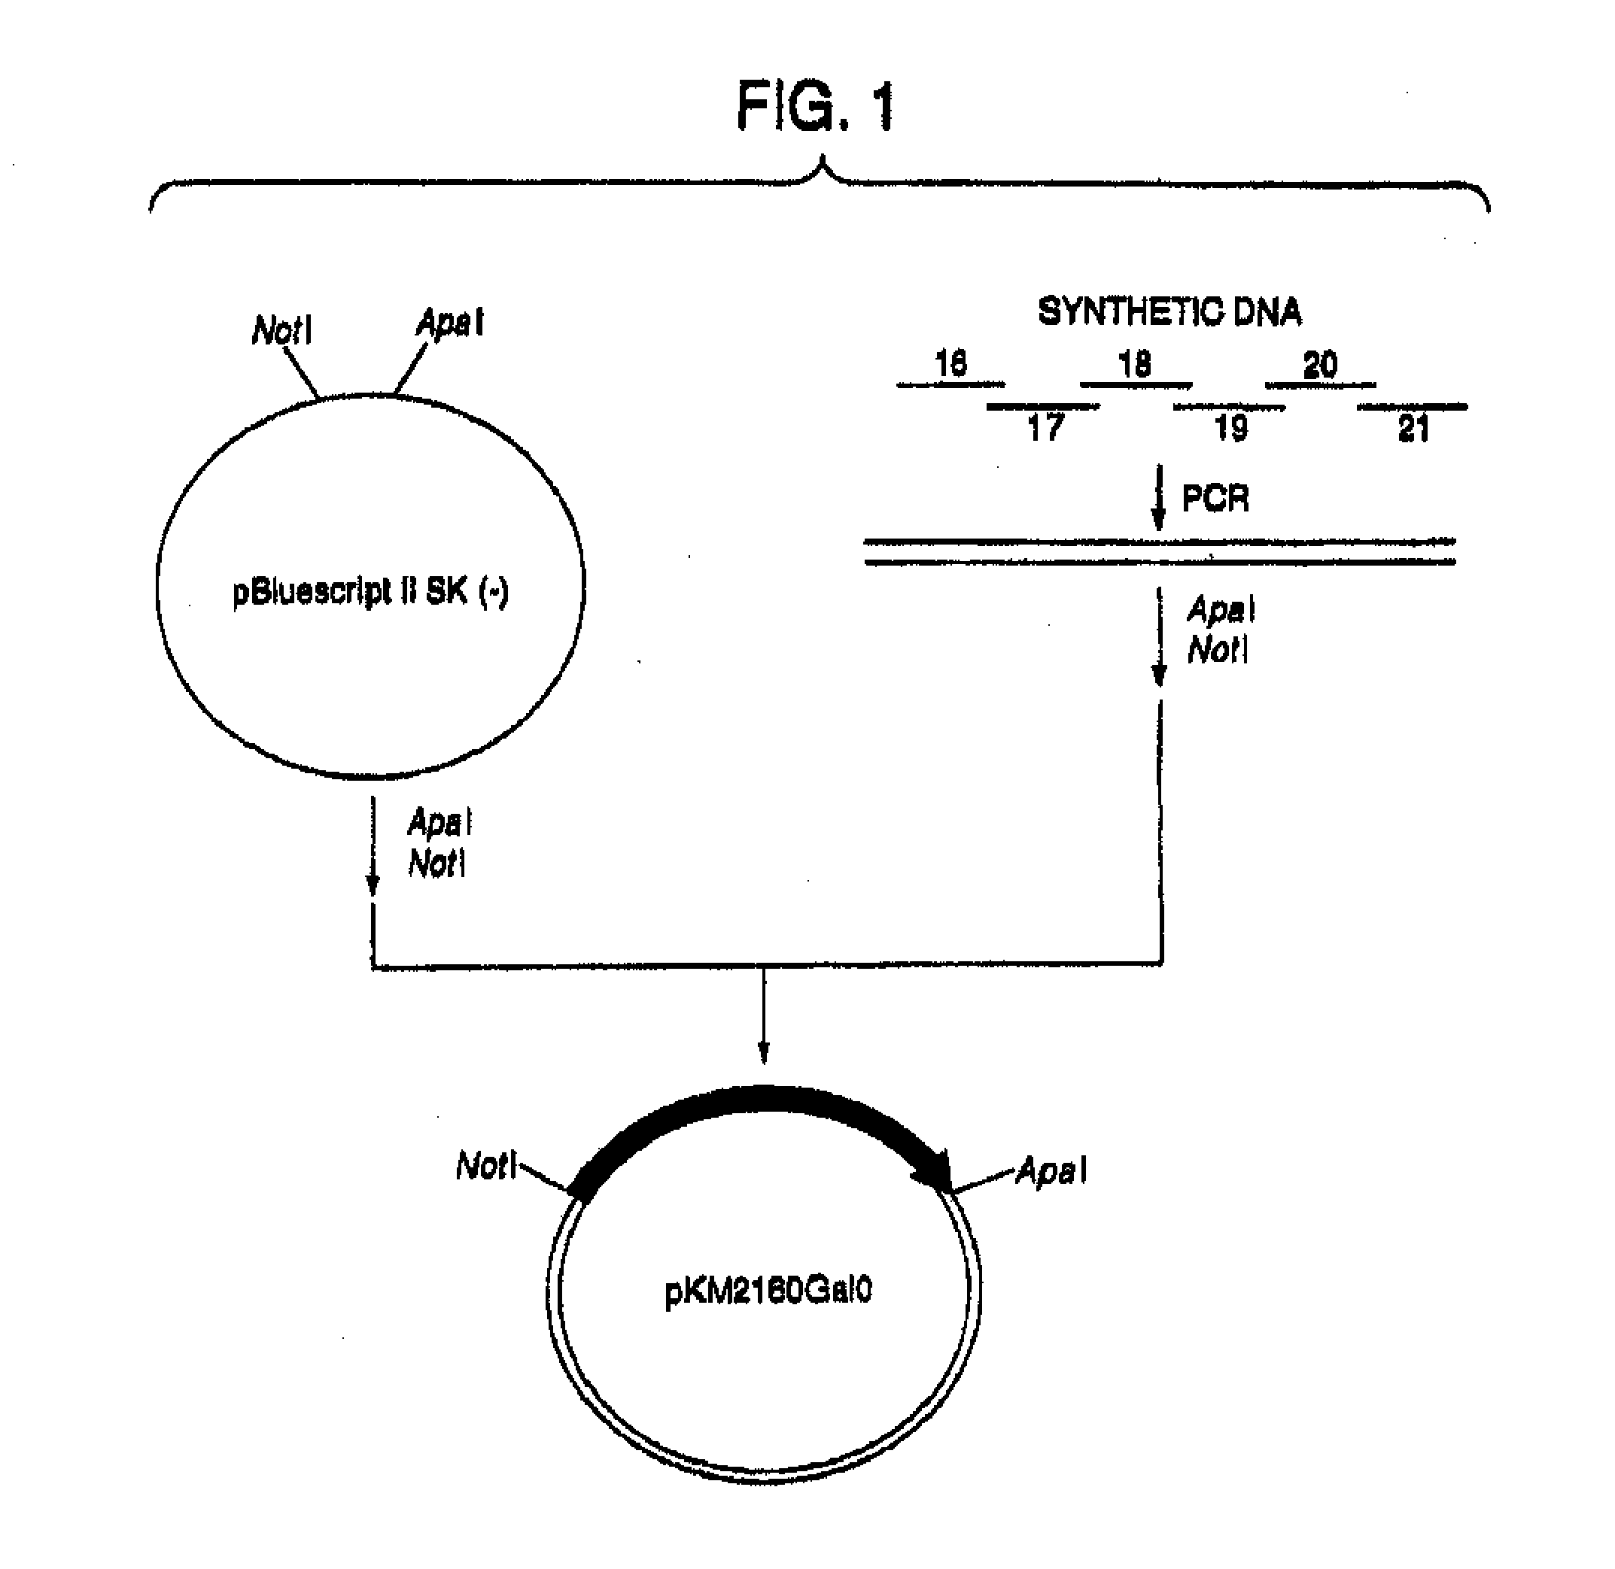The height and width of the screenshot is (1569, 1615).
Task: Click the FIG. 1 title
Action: pos(814,107)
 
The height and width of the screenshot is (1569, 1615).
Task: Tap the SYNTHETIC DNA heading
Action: pos(1169,312)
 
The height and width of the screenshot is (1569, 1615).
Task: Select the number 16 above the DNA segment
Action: pos(950,363)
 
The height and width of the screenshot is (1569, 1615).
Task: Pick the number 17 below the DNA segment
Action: pos(1045,428)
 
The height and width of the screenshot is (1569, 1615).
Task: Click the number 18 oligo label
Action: pos(1134,363)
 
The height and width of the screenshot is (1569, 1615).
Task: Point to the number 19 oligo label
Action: pos(1231,428)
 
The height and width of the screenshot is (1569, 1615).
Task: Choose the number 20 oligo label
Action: pos(1320,364)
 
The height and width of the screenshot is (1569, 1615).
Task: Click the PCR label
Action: pos(1215,499)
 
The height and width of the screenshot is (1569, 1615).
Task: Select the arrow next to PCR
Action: pos(1158,498)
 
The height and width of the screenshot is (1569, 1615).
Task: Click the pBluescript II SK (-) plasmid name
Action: pos(371,592)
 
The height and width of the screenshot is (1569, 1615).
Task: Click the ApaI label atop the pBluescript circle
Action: pos(450,322)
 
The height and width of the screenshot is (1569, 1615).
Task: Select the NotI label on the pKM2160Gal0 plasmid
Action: pos(485,1165)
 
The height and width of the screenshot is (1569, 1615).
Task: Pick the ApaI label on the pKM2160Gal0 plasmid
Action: pos(1051,1170)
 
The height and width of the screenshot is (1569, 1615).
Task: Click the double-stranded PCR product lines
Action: pos(1159,552)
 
